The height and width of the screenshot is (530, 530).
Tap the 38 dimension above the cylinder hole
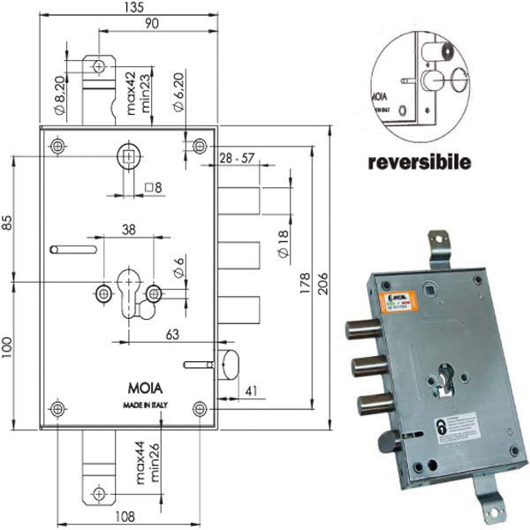coord(128,228)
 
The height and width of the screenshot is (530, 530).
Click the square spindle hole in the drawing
coord(128,158)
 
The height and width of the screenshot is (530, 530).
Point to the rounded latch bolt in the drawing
coord(229,363)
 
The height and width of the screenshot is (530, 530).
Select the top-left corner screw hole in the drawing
coord(58,144)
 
